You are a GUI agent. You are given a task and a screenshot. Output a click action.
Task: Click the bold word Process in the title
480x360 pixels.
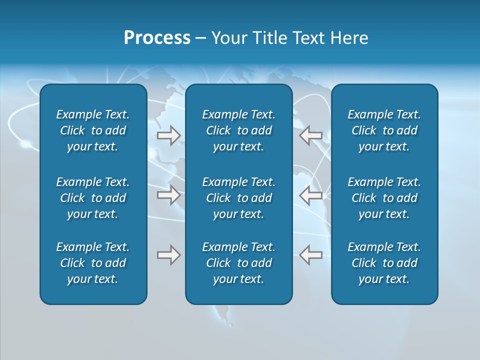coord(157,38)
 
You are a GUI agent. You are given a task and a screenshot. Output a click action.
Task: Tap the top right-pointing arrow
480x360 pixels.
coord(168,135)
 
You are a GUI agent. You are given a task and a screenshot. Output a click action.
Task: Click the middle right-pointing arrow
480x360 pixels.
coord(168,195)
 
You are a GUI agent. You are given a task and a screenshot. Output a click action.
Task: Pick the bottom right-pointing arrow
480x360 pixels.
coord(168,255)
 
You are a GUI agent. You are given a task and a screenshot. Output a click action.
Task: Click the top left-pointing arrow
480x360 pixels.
coord(310,135)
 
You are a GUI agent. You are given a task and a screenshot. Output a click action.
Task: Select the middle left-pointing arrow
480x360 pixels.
coord(310,195)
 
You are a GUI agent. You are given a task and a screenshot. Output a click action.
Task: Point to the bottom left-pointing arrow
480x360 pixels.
coord(310,255)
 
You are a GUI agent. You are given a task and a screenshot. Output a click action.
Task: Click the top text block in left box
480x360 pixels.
coord(93,130)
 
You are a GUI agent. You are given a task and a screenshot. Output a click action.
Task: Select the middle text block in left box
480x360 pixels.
coord(93,198)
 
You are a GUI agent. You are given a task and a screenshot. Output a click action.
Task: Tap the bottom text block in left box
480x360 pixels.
coord(93,263)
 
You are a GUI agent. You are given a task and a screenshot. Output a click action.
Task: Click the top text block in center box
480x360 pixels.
coord(238,130)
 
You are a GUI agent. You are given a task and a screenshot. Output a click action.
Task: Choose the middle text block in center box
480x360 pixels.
coord(238,198)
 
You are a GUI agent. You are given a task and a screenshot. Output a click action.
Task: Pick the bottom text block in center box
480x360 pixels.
coord(238,263)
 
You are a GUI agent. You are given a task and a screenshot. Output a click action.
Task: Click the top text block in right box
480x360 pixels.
coord(384,130)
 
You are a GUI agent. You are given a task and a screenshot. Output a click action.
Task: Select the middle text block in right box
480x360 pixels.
coord(384,198)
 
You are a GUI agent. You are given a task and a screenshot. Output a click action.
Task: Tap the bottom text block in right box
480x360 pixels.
coord(384,263)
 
